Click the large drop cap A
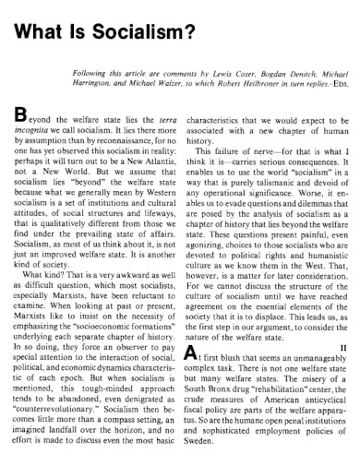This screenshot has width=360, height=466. (x=191, y=378)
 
